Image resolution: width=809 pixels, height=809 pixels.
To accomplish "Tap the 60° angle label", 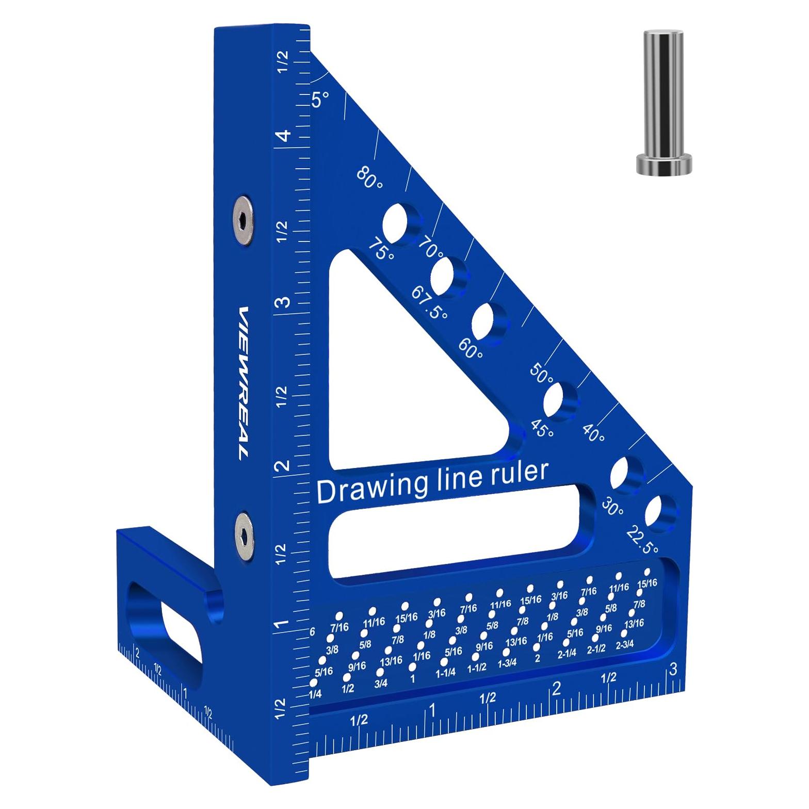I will pyautogui.click(x=471, y=349).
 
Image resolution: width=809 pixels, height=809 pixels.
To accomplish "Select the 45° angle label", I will pyautogui.click(x=542, y=428).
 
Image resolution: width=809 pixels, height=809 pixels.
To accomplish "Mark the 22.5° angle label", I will pyautogui.click(x=642, y=540).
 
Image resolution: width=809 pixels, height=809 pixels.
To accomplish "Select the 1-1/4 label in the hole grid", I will pyautogui.click(x=446, y=673).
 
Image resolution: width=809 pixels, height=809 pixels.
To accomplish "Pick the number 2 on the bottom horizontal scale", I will pyautogui.click(x=556, y=689).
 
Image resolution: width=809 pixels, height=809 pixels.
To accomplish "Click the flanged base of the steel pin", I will pyautogui.click(x=662, y=164).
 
